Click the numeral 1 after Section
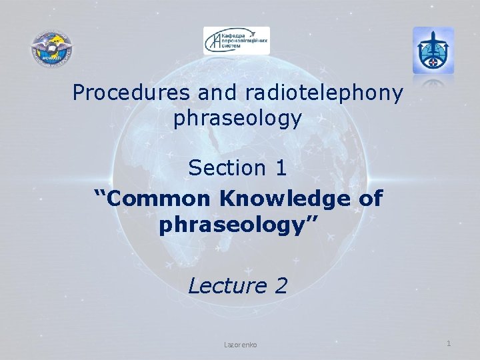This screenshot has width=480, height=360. coord(281,168)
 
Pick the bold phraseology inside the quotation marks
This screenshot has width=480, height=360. coord(234,225)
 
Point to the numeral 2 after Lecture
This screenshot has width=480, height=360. coord(281,286)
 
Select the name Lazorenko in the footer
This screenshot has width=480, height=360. coord(241,345)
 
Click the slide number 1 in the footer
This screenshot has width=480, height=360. coord(449,343)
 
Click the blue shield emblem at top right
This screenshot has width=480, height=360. coord(433,50)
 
